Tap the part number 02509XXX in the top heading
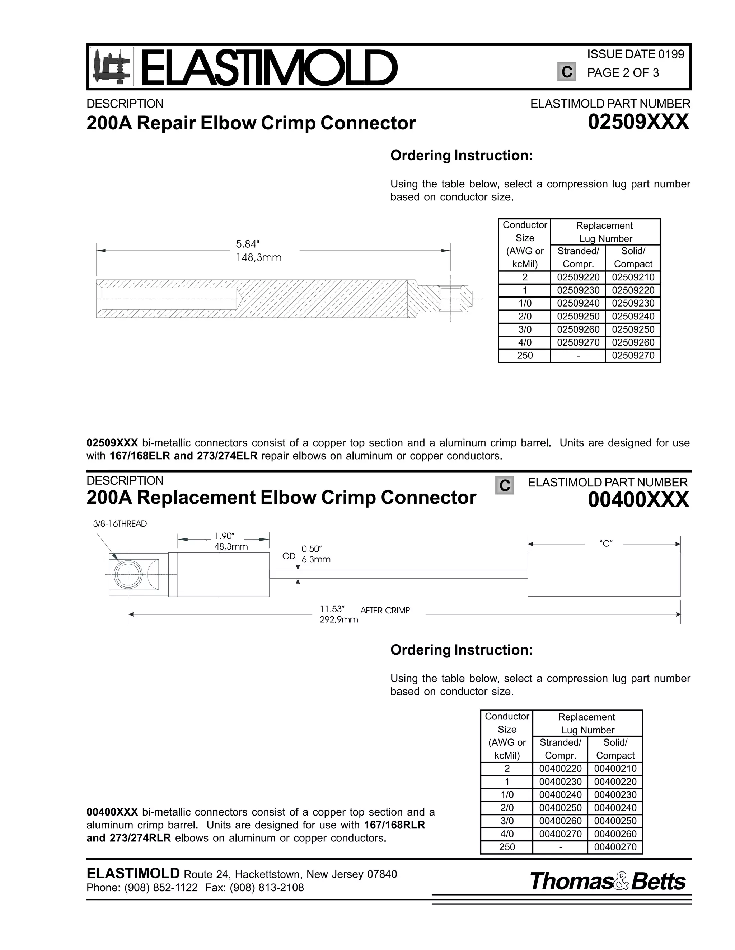tap(638, 122)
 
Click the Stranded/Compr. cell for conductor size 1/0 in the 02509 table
tap(578, 303)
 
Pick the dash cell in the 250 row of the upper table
tap(578, 355)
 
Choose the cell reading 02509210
tap(633, 277)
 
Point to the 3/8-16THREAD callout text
tap(120, 524)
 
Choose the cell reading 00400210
tap(615, 769)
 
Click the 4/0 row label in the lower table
tap(507, 834)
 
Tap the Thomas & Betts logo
tap(608, 882)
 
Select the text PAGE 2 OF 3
tap(623, 73)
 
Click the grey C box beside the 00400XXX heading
tap(505, 485)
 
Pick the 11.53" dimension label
tap(332, 609)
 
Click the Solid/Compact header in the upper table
tap(633, 257)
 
